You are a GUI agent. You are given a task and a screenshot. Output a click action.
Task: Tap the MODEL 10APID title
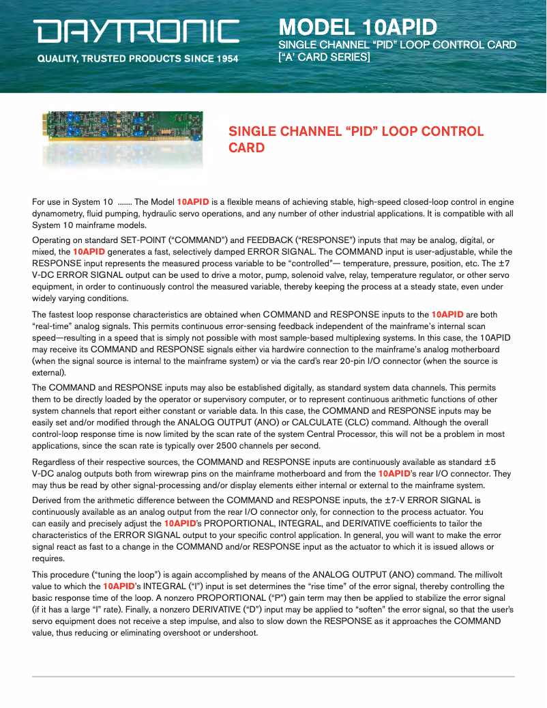pyautogui.click(x=357, y=27)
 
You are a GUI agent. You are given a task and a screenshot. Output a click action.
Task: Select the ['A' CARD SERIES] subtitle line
pyautogui.click(x=324, y=57)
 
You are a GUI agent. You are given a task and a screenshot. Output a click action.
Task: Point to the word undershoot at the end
pyautogui.click(x=234, y=633)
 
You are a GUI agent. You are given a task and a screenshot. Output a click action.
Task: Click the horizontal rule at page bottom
pyautogui.click(x=273, y=677)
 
